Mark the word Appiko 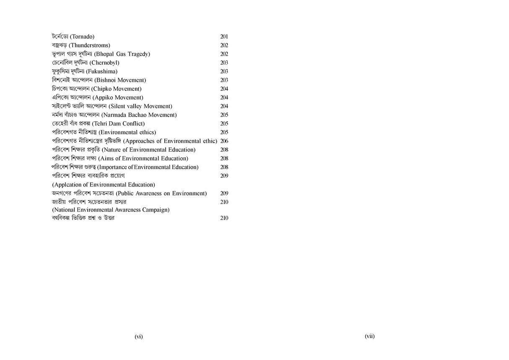tap(104, 98)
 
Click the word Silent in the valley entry tap(119, 106)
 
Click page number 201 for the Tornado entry tap(224, 37)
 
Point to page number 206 tap(224, 141)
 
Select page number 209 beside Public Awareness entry tap(224, 193)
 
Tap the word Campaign tap(156, 209)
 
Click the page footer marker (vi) tap(139, 337)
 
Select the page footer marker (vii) tap(369, 336)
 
